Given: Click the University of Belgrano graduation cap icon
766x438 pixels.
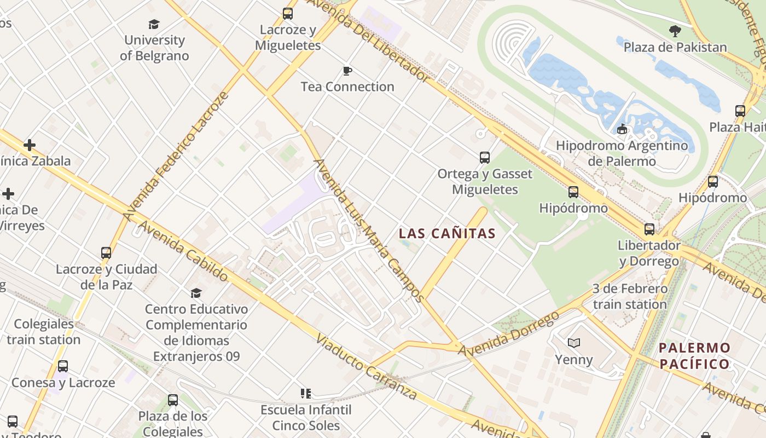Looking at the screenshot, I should tap(154, 24).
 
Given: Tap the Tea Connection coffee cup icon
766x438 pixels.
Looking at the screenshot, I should tap(347, 71).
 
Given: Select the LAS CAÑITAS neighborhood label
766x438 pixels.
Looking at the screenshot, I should tap(447, 233).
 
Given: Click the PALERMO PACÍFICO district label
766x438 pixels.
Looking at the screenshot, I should tap(694, 356).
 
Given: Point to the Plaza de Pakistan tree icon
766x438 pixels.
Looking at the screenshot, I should tap(675, 31).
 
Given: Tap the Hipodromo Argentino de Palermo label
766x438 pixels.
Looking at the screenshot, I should tap(622, 153).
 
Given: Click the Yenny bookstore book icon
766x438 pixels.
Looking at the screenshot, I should tap(573, 343).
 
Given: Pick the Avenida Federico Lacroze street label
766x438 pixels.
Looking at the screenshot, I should tap(175, 157).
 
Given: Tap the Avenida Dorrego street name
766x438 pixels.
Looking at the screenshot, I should tap(509, 333).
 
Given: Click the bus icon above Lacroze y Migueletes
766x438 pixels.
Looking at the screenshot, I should tap(288, 14).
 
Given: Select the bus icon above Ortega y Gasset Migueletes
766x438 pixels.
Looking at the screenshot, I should tap(485, 158).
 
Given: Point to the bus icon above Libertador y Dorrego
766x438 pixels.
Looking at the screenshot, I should tap(649, 229).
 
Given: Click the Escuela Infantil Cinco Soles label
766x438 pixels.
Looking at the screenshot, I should tap(306, 417).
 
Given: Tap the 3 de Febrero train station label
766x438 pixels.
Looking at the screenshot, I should tap(630, 296).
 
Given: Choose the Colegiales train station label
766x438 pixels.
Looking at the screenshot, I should tap(43, 332).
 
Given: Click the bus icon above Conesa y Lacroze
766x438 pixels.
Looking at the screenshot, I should tap(63, 366).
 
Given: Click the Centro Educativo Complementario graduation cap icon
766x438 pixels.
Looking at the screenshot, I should tap(196, 293).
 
